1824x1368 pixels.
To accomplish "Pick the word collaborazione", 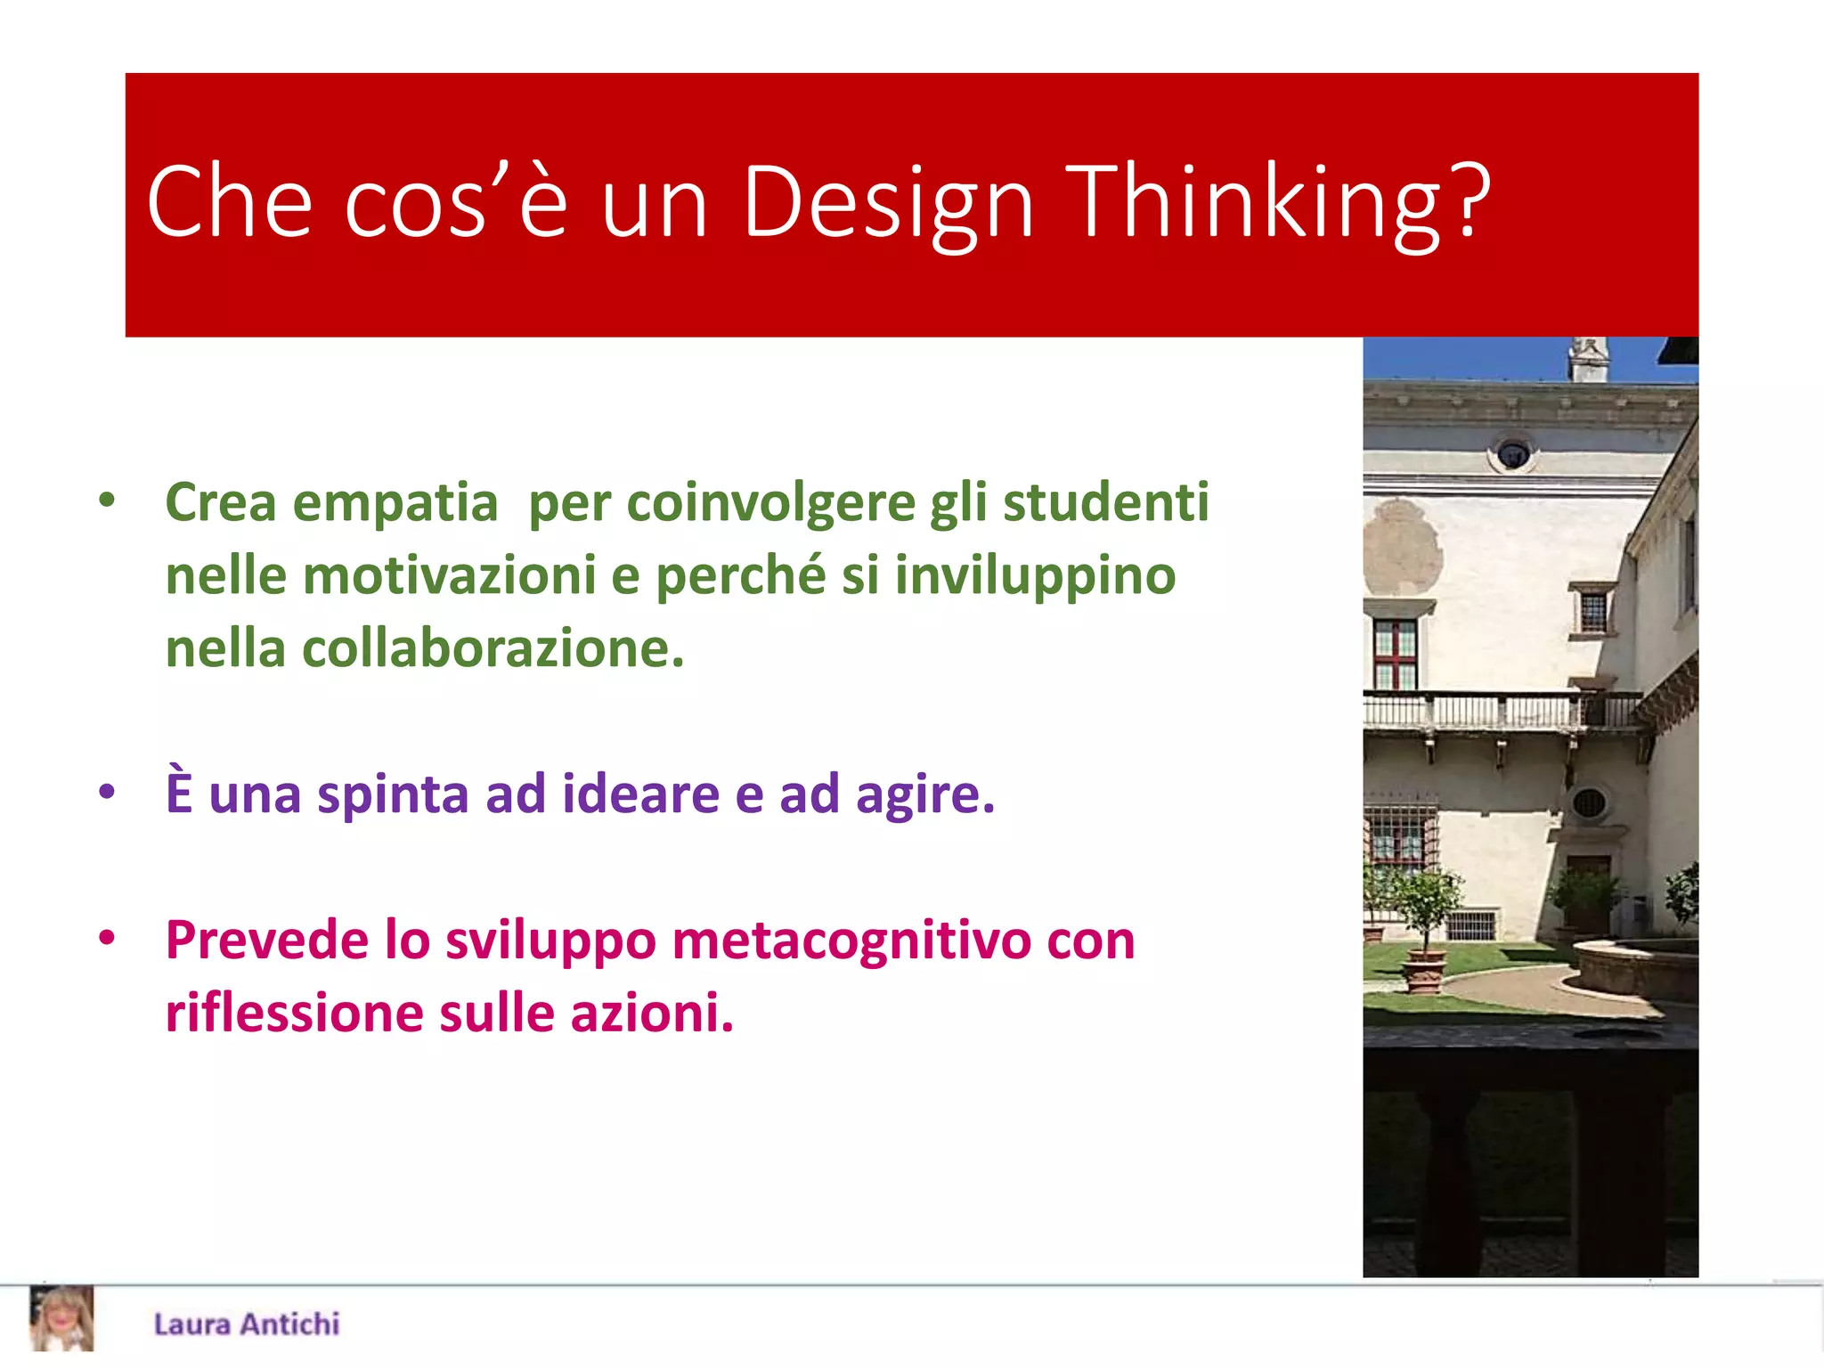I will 493,648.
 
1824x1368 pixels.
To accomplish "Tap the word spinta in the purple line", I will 393,794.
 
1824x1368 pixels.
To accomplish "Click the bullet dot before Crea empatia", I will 108,500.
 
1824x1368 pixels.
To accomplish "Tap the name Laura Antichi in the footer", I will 247,1324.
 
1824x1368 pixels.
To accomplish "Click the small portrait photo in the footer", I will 61,1319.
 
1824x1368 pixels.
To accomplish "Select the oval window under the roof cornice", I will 1512,454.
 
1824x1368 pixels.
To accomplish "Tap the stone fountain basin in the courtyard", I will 1634,966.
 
